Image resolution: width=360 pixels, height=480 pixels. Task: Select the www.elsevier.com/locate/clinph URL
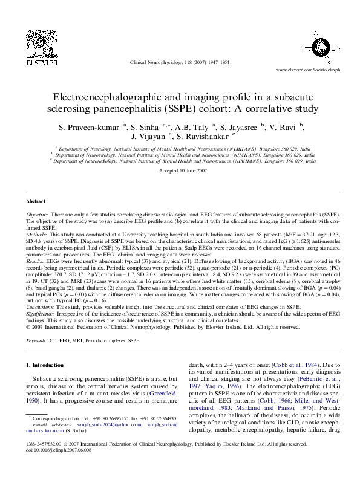(x=307, y=70)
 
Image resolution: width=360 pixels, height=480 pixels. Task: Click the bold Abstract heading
(x=36, y=201)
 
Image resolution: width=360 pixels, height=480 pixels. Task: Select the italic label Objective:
(x=38, y=215)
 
